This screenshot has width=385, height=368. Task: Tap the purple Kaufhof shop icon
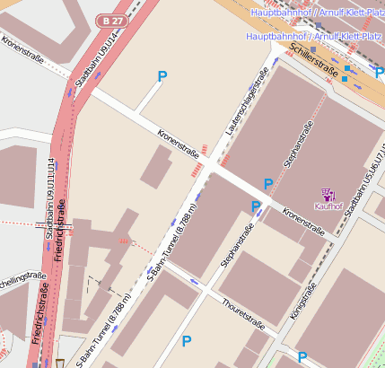(x=328, y=193)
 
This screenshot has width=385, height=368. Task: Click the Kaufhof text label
(x=328, y=206)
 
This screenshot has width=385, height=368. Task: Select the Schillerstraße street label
(x=313, y=60)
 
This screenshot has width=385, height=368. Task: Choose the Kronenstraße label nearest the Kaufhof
(x=303, y=221)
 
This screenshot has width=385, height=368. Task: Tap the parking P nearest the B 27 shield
(x=162, y=77)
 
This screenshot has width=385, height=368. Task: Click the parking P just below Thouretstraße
(x=187, y=341)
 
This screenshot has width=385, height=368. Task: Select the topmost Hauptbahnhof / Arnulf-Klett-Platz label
(x=315, y=13)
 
